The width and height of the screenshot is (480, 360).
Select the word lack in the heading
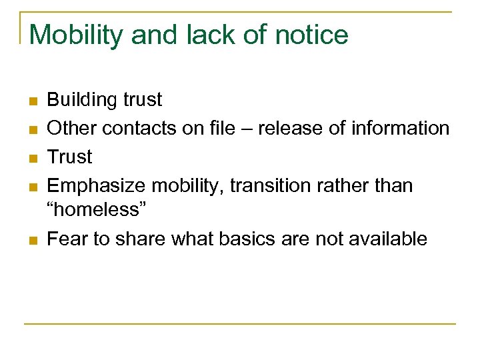click(x=209, y=35)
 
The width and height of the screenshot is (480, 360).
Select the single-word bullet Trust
click(x=70, y=157)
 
